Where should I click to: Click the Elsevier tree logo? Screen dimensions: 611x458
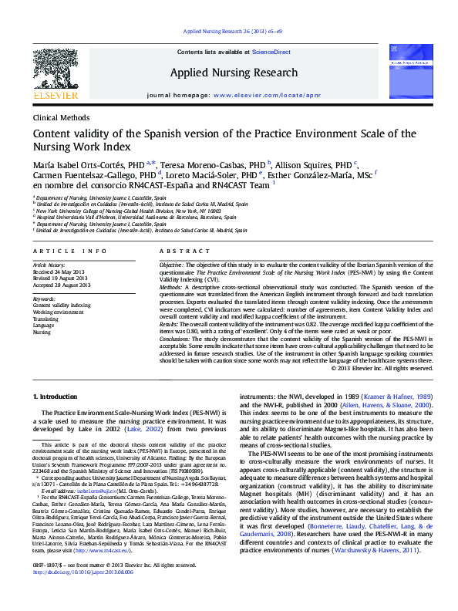pos(59,70)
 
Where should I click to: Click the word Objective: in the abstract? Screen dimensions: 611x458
pos(172,265)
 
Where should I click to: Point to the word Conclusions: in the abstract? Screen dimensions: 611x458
pos(175,337)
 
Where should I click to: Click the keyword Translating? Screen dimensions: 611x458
pos(47,319)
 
